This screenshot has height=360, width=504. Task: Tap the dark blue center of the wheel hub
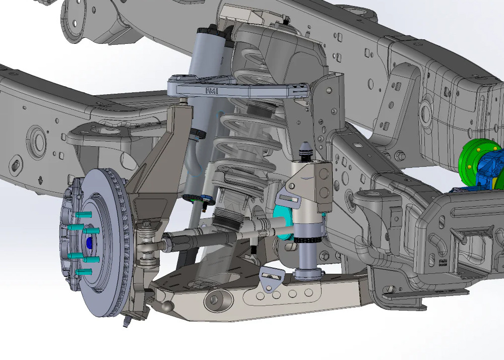coord(90,243)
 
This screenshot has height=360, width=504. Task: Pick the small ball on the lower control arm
coord(168,305)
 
